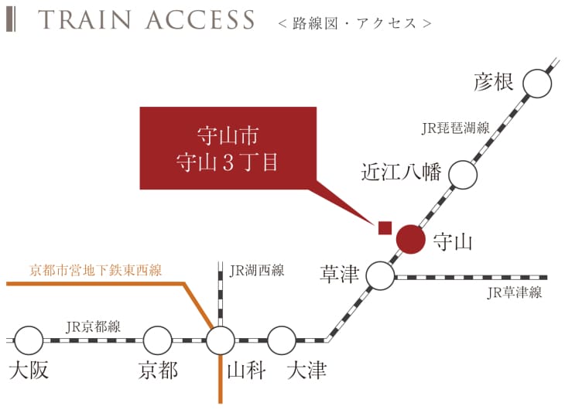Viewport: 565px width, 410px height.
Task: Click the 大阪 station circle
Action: (x=29, y=339)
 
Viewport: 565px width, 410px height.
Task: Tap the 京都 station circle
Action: (x=157, y=339)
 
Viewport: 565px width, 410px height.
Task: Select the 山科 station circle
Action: (x=221, y=339)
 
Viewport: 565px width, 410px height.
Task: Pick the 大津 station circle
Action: (x=282, y=339)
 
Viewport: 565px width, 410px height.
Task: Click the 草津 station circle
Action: (x=379, y=275)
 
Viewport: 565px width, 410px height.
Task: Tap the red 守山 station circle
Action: (x=410, y=239)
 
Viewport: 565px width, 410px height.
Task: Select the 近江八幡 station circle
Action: (x=463, y=175)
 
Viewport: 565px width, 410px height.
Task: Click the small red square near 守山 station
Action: (x=384, y=227)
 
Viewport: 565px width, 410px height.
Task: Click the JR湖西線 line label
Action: (x=257, y=271)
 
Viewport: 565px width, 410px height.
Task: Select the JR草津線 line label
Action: (x=514, y=292)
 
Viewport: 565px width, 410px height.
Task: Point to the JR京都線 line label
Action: (x=93, y=326)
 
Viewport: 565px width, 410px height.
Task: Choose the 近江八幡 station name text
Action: (x=401, y=172)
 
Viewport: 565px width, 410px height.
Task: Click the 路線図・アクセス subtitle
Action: (x=354, y=23)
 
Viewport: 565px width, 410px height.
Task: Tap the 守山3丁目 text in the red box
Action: (x=228, y=164)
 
